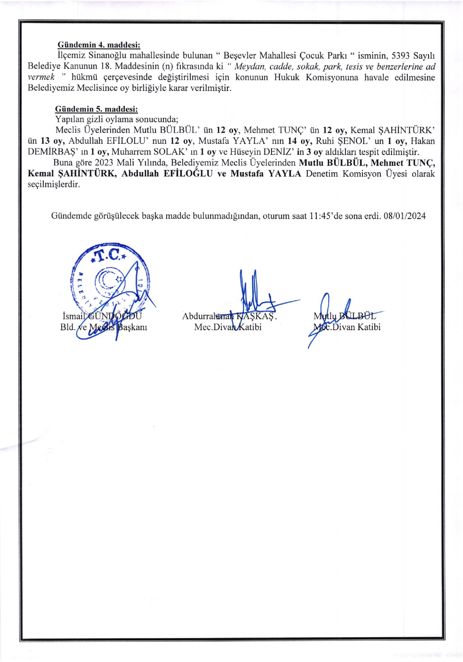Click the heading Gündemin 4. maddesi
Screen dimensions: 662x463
[x=99, y=45]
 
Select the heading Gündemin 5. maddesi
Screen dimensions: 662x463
[x=96, y=109]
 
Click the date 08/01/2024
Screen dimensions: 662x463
[x=405, y=216]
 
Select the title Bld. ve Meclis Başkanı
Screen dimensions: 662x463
[x=104, y=327]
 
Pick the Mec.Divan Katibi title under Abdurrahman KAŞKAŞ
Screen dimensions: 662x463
[x=228, y=327]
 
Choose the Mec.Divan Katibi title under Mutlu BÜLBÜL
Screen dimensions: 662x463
[x=347, y=327]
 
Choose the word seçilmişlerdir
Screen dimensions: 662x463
[x=54, y=185]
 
